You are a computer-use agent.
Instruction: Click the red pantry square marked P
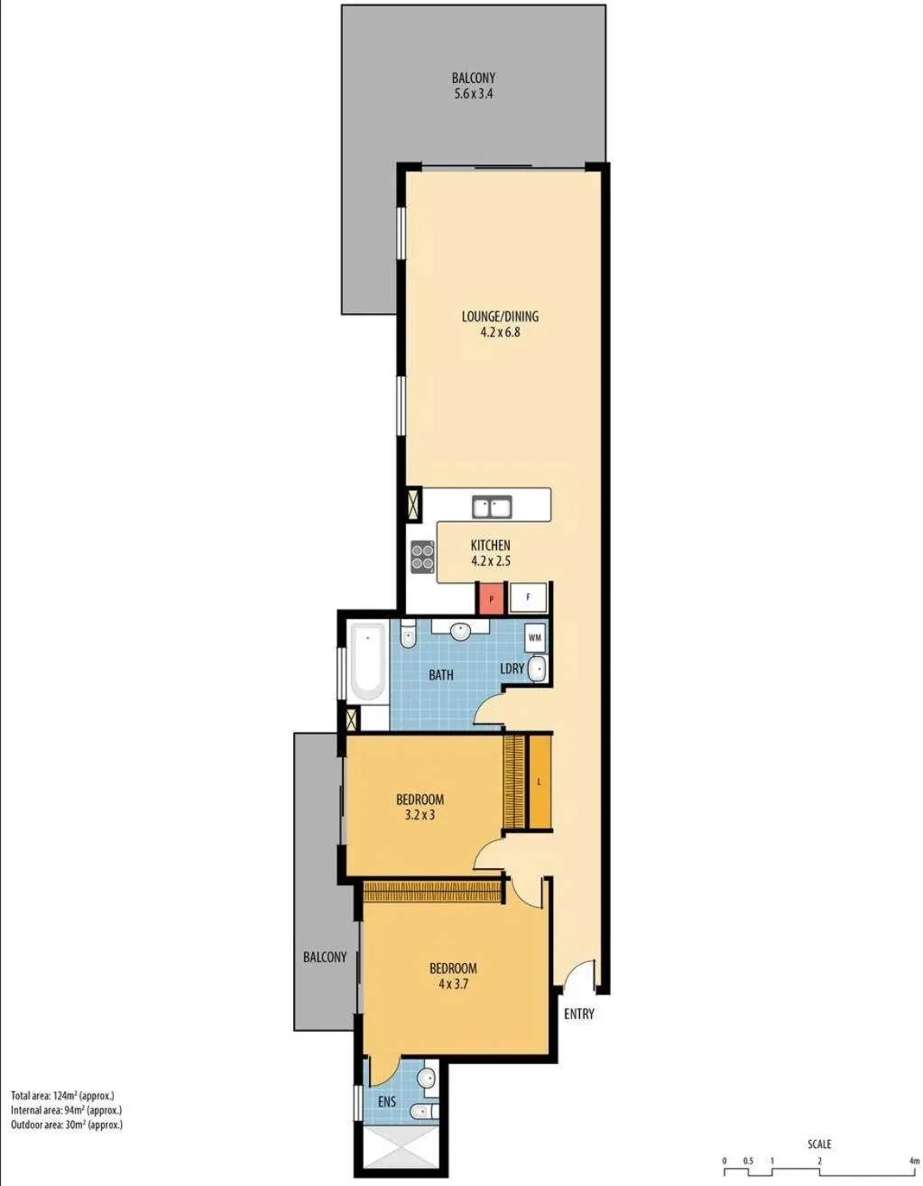(490, 598)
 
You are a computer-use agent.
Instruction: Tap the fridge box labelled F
(528, 598)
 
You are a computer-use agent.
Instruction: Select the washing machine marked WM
(535, 637)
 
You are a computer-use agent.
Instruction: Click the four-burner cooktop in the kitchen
(422, 557)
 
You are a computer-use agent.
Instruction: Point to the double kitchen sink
(492, 507)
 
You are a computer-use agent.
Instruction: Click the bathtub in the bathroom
(367, 662)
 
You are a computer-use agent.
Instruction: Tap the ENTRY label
(578, 1014)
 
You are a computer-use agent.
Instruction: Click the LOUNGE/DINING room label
(500, 316)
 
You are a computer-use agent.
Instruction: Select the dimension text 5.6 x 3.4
(473, 94)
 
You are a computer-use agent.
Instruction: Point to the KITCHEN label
(490, 545)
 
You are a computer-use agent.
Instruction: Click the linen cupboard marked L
(539, 782)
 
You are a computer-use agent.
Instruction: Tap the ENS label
(386, 1101)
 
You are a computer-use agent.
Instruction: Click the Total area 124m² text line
(62, 1096)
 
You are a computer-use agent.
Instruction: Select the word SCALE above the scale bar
(819, 1144)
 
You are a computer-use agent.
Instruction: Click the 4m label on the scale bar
(913, 1160)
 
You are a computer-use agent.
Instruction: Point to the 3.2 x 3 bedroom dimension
(420, 815)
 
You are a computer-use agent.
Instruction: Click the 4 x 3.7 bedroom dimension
(453, 984)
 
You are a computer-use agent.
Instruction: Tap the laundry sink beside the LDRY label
(536, 669)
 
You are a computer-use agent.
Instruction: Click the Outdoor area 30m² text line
(66, 1125)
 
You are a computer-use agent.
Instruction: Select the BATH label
(441, 674)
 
